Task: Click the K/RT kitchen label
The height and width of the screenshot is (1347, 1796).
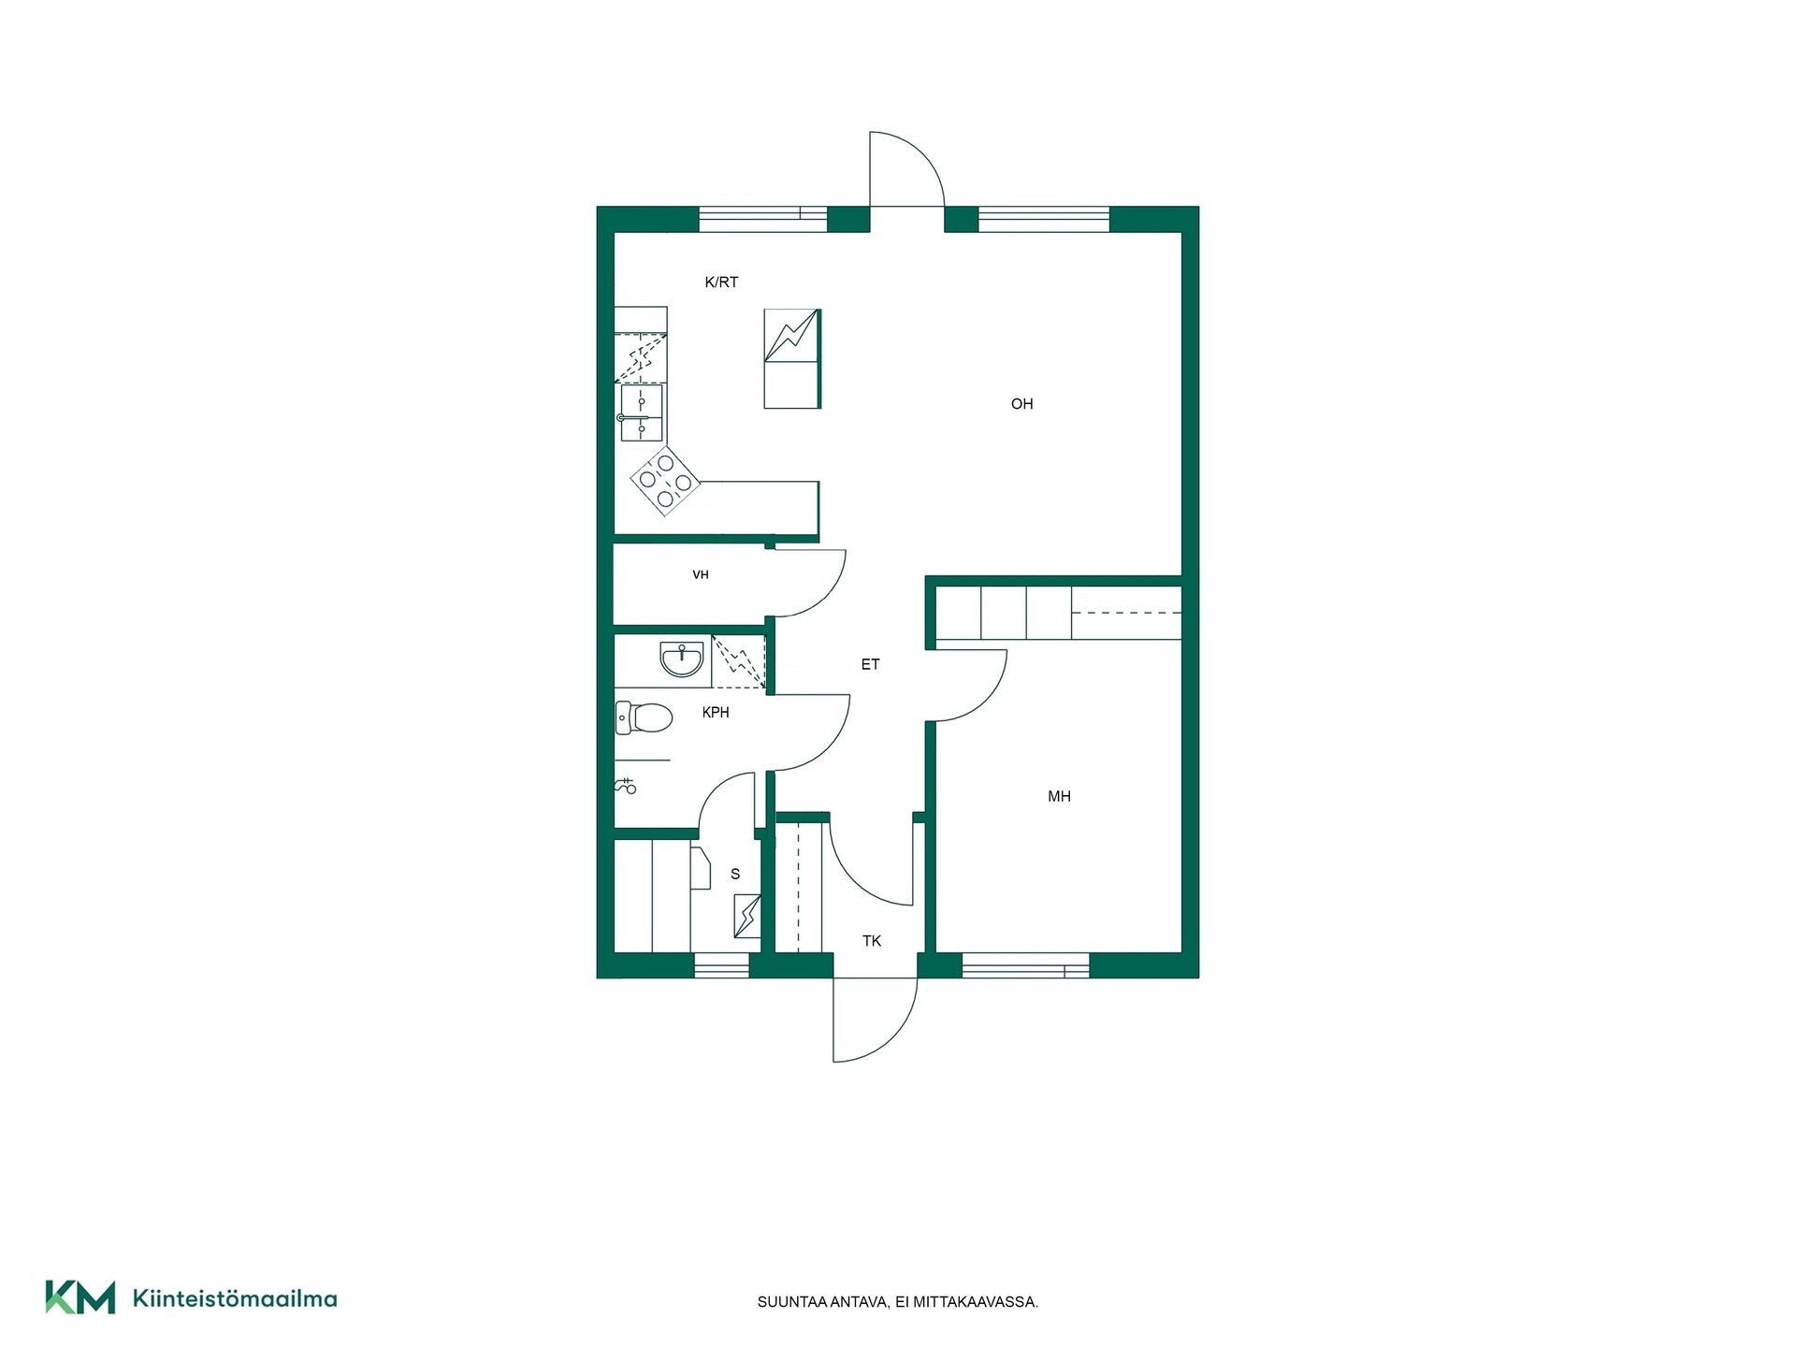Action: coord(721,282)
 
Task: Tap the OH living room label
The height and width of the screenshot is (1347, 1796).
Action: coord(1021,404)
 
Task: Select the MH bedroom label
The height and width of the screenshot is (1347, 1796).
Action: coord(1059,797)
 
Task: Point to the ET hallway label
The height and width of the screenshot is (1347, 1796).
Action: coord(870,665)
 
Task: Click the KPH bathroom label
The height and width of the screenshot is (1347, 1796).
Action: coord(716,713)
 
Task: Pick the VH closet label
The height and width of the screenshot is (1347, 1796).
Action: coord(701,575)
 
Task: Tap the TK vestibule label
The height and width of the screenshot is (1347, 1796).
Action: coord(872,941)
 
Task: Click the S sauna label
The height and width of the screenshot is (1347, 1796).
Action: coord(735,875)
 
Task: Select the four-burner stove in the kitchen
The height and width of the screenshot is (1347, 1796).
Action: coord(665,481)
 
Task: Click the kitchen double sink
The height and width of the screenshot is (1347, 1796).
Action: coord(642,413)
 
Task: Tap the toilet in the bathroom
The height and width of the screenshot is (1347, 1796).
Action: coord(645,718)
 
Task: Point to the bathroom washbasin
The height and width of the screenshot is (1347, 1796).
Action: coord(682,659)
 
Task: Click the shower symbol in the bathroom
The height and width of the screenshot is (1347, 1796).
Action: coord(626,786)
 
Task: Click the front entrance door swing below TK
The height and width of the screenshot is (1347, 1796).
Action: coord(876,1020)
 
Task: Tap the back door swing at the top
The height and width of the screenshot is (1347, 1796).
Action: coord(906,168)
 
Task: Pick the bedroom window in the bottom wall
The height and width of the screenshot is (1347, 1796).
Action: coord(1025,965)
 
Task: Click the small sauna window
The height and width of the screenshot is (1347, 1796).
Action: coord(721,965)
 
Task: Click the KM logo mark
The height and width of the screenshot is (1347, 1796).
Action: coord(80,1297)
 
